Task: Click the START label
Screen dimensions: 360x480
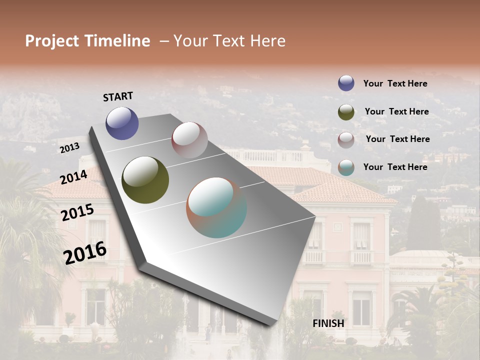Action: (x=118, y=96)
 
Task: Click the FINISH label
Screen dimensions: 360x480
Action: (x=328, y=323)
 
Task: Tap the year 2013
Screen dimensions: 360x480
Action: (x=69, y=148)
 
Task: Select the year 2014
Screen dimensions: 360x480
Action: (x=74, y=177)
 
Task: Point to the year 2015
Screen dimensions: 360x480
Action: (x=77, y=212)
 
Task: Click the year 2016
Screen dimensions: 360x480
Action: (x=85, y=252)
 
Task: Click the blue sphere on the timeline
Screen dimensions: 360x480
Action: (x=122, y=123)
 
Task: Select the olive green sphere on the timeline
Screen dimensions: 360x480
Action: (x=145, y=179)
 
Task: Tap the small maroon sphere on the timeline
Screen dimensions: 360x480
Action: (x=189, y=140)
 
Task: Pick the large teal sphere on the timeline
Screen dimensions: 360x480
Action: (x=216, y=207)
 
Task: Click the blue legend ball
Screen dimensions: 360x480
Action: (x=346, y=83)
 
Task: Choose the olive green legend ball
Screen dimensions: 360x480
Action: (x=346, y=112)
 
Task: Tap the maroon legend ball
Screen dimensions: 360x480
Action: (x=346, y=139)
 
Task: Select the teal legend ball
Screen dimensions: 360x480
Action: (x=346, y=167)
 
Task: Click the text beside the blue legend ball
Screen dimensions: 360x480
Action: (x=395, y=84)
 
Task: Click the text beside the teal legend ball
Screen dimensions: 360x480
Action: (x=395, y=167)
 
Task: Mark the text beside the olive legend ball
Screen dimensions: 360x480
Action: (x=396, y=111)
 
